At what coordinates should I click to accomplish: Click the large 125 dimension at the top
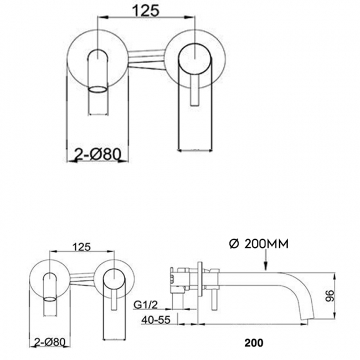click(146, 11)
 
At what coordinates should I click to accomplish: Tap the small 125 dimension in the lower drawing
click(82, 247)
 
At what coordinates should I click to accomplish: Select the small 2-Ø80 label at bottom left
click(49, 342)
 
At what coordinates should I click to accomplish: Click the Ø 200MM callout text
click(259, 244)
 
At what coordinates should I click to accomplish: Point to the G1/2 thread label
click(146, 305)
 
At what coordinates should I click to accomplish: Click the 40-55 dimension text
click(156, 320)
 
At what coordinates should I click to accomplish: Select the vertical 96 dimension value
click(331, 296)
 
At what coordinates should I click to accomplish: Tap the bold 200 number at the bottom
click(254, 343)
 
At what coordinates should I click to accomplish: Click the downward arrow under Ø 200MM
click(265, 260)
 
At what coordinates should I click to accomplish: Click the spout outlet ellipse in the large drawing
click(98, 89)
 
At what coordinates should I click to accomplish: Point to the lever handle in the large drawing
click(195, 90)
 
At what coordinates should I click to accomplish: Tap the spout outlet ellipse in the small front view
click(50, 299)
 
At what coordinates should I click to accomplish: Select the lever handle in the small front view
click(114, 300)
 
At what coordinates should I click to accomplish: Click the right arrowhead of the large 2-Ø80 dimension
click(124, 161)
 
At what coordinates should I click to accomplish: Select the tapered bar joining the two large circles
click(147, 59)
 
